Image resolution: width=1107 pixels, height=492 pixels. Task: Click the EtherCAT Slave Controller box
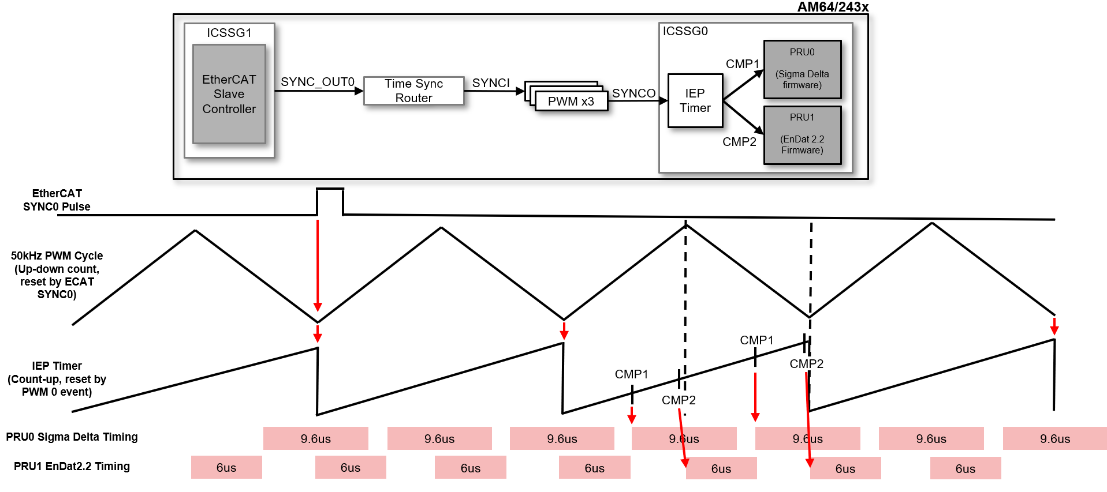(x=229, y=94)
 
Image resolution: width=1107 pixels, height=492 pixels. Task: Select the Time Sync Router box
(x=413, y=91)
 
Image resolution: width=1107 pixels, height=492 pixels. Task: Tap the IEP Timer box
(x=695, y=100)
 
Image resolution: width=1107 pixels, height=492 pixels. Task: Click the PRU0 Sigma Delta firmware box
(x=802, y=69)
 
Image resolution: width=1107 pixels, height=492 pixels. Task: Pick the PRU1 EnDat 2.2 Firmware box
(x=802, y=134)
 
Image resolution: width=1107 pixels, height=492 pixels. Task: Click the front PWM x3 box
(x=571, y=102)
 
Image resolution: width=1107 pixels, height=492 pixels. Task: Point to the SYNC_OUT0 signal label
(x=317, y=82)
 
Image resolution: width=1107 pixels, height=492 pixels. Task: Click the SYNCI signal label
(x=491, y=83)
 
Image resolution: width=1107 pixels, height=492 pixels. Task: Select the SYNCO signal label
(x=633, y=93)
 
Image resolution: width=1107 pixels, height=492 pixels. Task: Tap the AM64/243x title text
(x=833, y=7)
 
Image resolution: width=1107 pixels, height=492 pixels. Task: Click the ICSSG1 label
(x=229, y=33)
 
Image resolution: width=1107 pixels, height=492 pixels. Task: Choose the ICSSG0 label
(x=685, y=31)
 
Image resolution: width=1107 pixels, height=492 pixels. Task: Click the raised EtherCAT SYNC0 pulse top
(x=330, y=189)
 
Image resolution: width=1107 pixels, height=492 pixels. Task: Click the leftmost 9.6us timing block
(x=315, y=438)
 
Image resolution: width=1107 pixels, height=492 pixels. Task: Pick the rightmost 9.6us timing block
(x=1054, y=438)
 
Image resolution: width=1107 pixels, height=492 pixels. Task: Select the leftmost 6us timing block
(x=226, y=467)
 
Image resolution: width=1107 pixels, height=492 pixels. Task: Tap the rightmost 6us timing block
(x=965, y=468)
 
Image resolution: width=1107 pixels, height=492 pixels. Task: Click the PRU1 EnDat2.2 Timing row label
(x=72, y=466)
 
